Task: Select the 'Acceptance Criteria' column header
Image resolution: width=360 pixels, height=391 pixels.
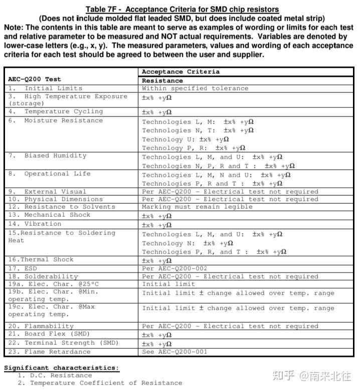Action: pos(181,71)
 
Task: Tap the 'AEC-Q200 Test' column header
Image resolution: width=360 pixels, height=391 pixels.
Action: pos(35,79)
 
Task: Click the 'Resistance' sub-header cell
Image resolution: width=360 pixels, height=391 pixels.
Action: pos(162,80)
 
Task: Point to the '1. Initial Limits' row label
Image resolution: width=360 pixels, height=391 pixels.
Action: pos(45,88)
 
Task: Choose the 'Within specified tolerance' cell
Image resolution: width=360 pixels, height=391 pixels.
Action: pos(195,88)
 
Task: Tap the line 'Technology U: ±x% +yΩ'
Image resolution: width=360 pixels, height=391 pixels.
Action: pos(186,140)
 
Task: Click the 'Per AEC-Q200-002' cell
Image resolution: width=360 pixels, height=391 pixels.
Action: pos(174,269)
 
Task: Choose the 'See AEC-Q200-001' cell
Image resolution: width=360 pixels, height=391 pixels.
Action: pos(174,352)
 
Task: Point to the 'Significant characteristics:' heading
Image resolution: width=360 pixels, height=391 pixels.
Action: pos(61,368)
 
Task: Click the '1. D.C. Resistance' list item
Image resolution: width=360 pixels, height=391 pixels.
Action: pos(55,375)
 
